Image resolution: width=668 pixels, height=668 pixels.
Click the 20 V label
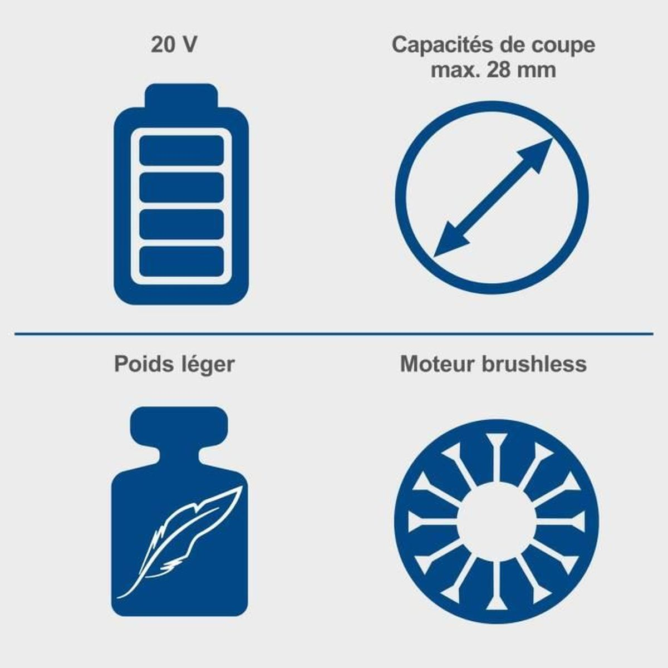tap(174, 45)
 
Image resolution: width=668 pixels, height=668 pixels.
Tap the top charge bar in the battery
tap(181, 150)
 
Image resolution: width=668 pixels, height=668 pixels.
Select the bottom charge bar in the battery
tap(181, 262)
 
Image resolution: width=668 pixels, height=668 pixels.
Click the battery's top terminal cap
tap(181, 96)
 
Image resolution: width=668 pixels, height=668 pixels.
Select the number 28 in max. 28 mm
tap(498, 70)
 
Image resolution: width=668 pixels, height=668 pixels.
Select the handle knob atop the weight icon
tap(179, 424)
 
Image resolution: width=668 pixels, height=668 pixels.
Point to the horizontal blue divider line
tap(334, 334)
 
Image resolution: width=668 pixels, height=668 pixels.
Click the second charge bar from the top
tap(181, 188)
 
